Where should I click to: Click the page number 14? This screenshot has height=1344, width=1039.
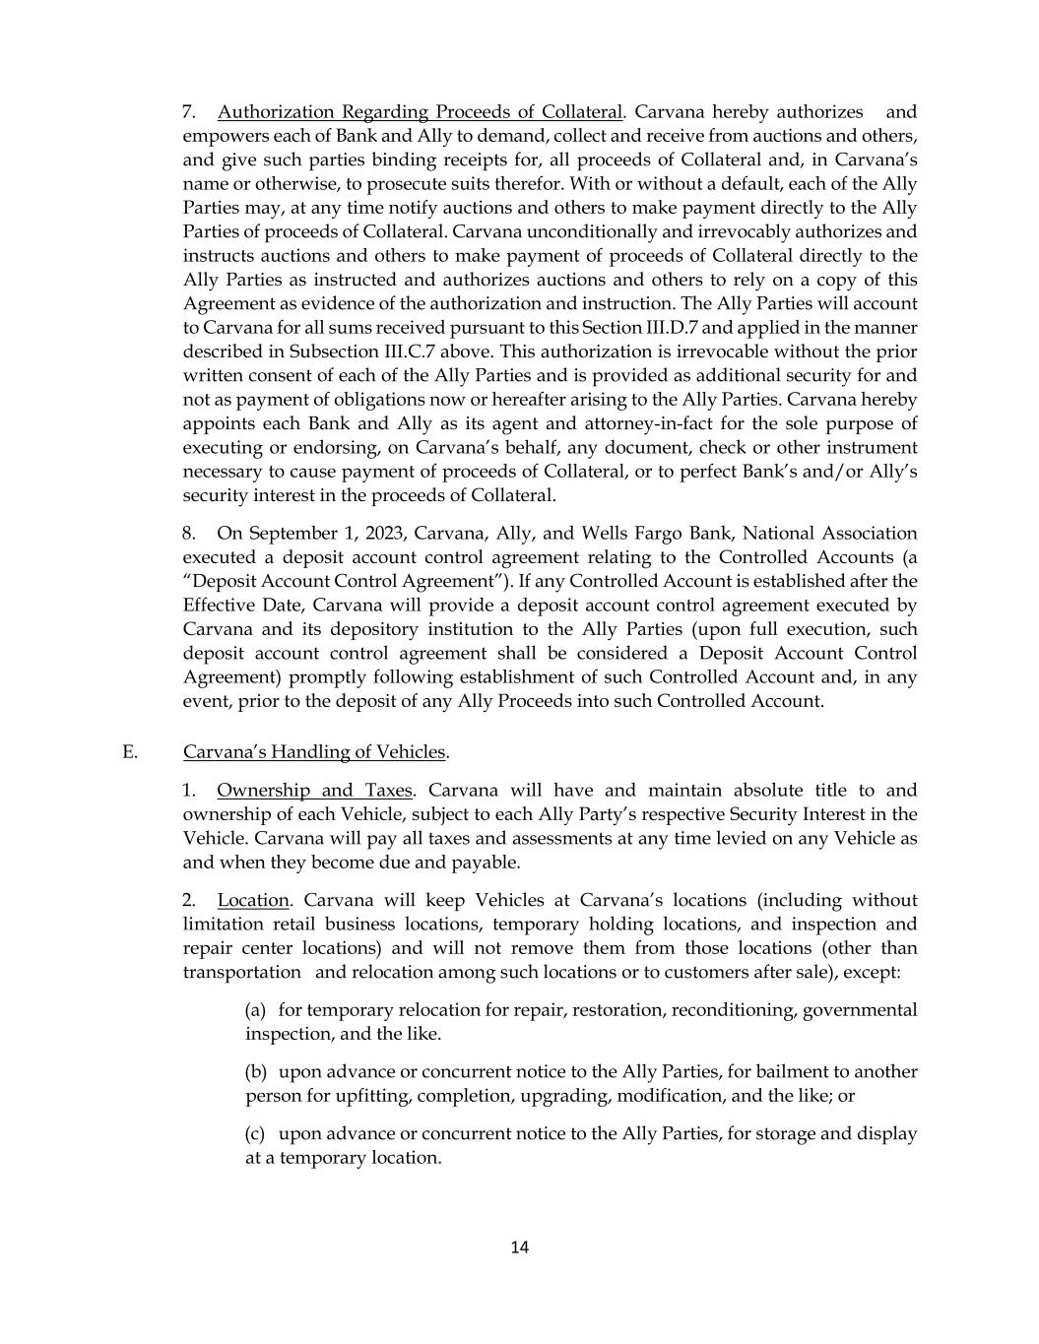(x=520, y=1248)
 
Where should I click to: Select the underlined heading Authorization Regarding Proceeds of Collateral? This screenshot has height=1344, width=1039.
(x=421, y=112)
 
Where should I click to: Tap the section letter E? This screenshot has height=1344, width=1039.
(x=129, y=752)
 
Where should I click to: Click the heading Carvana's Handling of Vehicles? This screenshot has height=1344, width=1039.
(x=314, y=752)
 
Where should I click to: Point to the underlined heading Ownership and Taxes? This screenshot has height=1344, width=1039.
(x=315, y=791)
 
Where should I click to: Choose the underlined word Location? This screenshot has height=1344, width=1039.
(x=253, y=901)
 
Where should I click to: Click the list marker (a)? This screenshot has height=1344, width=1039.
(x=255, y=1010)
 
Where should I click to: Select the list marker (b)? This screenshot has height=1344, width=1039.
(x=255, y=1072)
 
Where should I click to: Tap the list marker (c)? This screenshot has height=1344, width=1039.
(x=255, y=1134)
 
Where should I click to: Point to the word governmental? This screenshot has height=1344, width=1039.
(x=860, y=1010)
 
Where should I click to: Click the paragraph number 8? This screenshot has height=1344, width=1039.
(x=189, y=534)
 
